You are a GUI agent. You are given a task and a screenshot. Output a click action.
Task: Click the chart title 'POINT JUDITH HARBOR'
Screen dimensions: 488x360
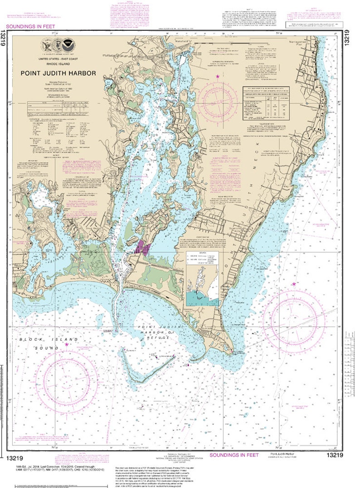tap(57, 73)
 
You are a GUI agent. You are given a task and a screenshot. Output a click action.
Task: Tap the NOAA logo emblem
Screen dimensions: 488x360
tap(68, 46)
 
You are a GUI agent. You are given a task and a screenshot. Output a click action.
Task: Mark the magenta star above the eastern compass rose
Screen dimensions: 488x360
tap(294, 284)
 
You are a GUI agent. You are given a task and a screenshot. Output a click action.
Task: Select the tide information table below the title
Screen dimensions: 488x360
tap(57, 108)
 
